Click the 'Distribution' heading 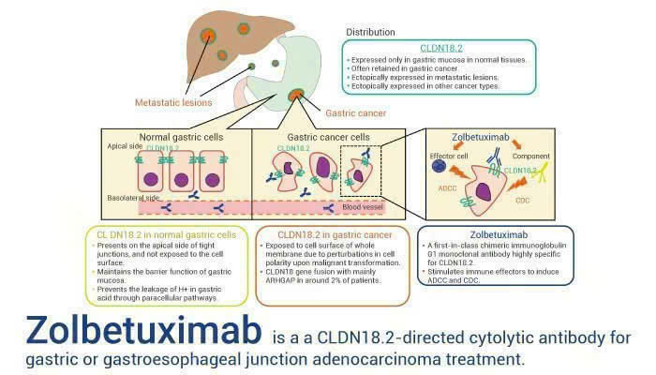[x=370, y=32]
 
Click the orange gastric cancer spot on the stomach [x=296, y=95]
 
